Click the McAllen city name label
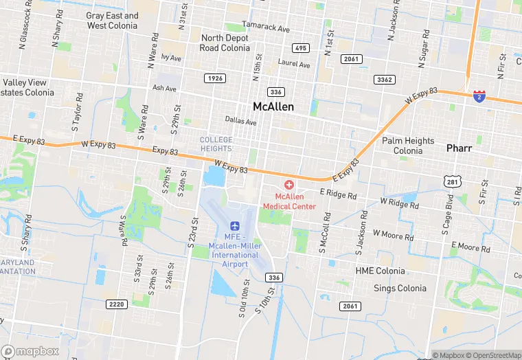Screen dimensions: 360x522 pos(273,106)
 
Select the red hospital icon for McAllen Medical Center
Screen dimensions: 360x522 pos(288,185)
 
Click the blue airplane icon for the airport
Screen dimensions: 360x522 pos(235,225)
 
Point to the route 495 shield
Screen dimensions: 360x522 pos(299,47)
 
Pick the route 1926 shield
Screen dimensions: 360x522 pos(215,78)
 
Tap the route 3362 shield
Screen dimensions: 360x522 pos(385,80)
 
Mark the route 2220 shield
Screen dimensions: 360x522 pos(117,304)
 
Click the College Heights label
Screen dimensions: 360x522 pos(216,144)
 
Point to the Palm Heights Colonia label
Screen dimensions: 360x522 pos(408,146)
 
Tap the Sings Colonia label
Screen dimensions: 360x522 pos(400,289)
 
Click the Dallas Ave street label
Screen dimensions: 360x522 pos(240,122)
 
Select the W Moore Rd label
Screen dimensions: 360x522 pos(393,236)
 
